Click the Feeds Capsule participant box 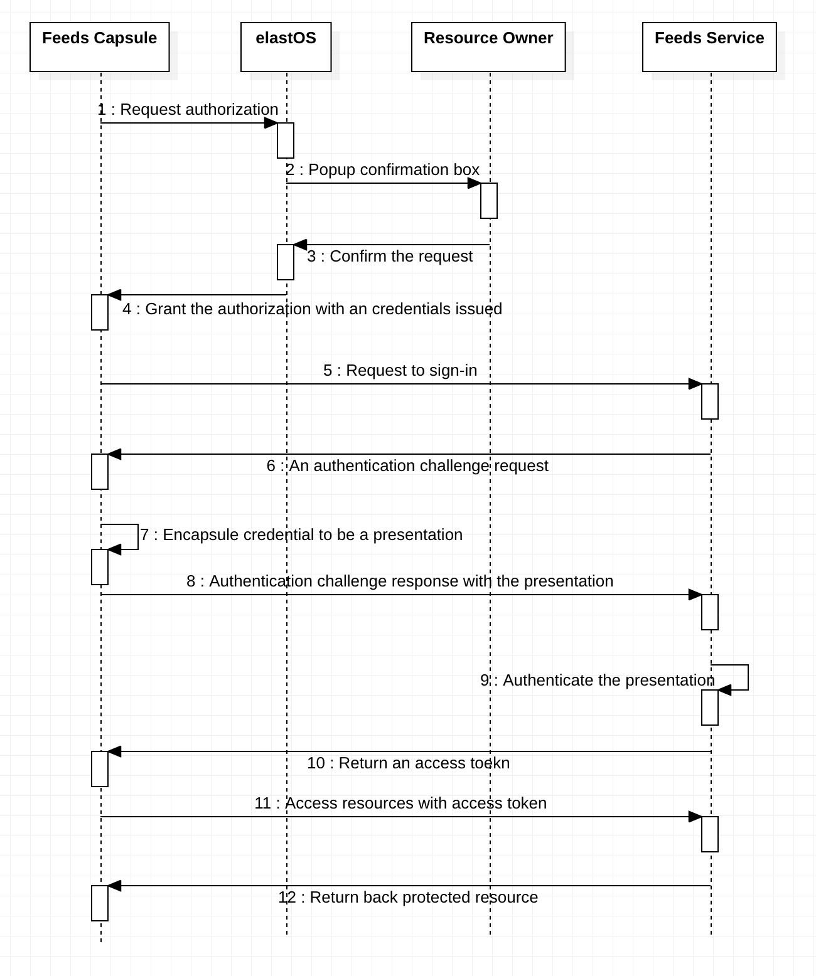(99, 47)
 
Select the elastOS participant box (286, 47)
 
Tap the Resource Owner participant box (488, 47)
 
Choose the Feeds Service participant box (709, 47)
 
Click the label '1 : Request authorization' (188, 110)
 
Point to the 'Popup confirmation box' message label (383, 170)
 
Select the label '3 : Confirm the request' (390, 257)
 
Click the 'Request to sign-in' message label (400, 371)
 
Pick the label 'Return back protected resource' (408, 898)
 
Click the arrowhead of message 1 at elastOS (271, 123)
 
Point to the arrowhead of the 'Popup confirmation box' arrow (475, 183)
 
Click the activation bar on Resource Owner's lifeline (489, 201)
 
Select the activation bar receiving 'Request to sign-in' (710, 401)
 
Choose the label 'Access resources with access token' (400, 804)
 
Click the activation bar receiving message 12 (100, 903)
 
